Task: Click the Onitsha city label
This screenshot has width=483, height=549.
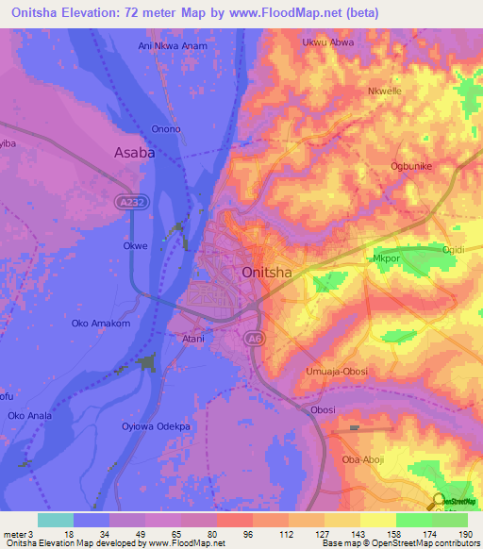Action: pyautogui.click(x=267, y=273)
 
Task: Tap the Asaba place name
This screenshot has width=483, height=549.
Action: pyautogui.click(x=134, y=151)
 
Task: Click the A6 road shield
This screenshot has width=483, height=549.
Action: pyautogui.click(x=253, y=339)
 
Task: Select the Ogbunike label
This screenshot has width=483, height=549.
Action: pyautogui.click(x=411, y=166)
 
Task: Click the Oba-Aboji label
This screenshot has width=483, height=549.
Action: pyautogui.click(x=361, y=460)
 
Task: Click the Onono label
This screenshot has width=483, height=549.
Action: pyautogui.click(x=166, y=129)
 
